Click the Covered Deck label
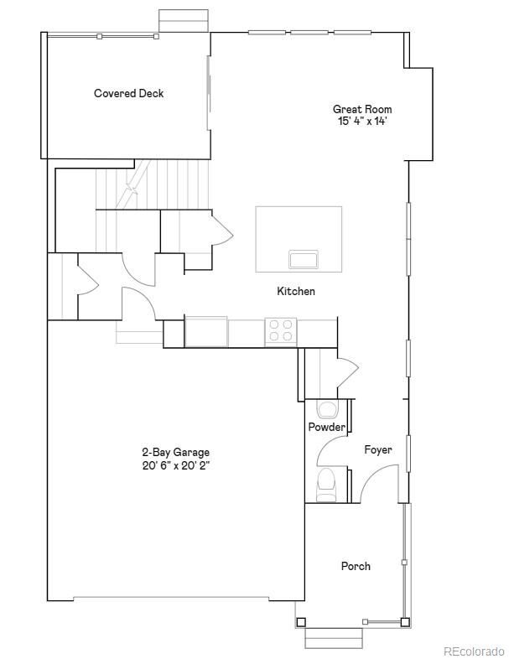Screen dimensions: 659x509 pyautogui.click(x=128, y=93)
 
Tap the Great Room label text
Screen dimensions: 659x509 pyautogui.click(x=362, y=109)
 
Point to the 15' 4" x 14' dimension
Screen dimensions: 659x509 pyautogui.click(x=362, y=121)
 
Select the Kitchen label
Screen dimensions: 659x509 pyautogui.click(x=296, y=291)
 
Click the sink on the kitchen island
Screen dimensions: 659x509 pyautogui.click(x=303, y=258)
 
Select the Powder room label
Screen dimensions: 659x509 pyautogui.click(x=326, y=427)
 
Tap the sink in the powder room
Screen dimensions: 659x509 pyautogui.click(x=326, y=409)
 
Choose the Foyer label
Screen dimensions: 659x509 pyautogui.click(x=378, y=450)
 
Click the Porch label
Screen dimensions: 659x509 pyautogui.click(x=356, y=566)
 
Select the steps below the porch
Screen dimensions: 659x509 pyautogui.click(x=333, y=637)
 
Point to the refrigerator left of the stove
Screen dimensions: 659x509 pyautogui.click(x=206, y=331)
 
